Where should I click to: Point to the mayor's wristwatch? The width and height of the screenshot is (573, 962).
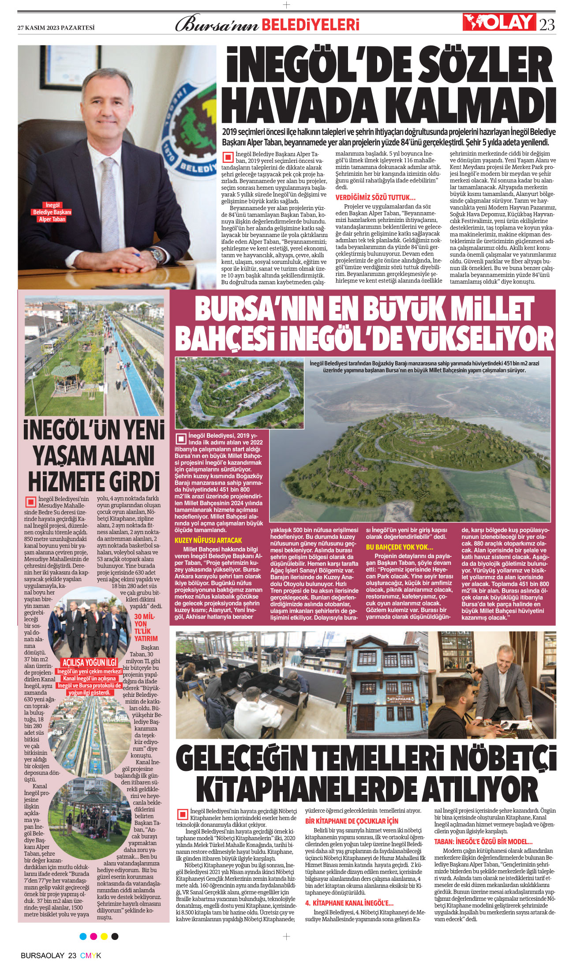156,255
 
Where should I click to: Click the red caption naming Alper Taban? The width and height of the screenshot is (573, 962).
52,212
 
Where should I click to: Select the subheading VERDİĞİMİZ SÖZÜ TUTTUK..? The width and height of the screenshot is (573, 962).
375,197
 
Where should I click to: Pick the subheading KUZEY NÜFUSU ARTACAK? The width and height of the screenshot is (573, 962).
208,540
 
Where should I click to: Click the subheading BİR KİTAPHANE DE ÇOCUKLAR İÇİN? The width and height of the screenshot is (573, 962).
352,821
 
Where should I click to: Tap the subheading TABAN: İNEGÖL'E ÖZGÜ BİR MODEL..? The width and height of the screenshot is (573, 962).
483,842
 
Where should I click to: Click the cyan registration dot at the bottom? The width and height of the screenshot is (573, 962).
83,936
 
